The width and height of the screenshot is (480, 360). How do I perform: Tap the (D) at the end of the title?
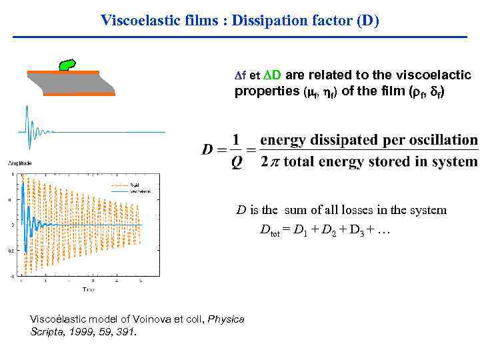[367, 20]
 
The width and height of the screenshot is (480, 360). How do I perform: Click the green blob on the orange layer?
[68, 65]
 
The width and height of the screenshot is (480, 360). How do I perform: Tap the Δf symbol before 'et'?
[241, 75]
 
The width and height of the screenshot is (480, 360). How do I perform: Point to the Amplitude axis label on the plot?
[21, 163]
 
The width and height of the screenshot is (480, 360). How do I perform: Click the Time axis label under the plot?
[89, 289]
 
